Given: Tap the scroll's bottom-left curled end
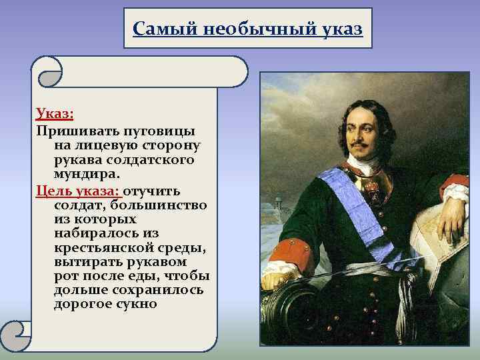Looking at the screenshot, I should [x=18, y=333].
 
